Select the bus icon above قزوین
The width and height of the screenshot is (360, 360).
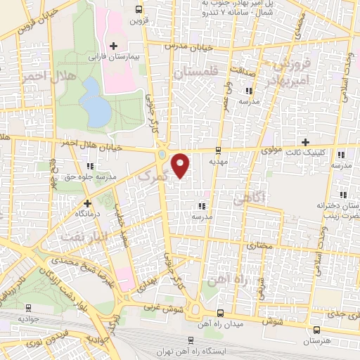138,9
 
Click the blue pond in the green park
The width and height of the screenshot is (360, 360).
93,101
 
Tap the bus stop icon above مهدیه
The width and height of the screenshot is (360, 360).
218,150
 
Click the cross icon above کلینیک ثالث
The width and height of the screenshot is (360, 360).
304,141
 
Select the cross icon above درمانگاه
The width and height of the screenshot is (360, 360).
87,202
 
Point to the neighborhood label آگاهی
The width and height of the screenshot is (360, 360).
250,200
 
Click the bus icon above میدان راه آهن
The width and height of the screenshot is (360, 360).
220,313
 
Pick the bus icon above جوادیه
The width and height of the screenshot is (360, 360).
28,307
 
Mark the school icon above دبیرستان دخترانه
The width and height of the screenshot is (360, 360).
342,195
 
